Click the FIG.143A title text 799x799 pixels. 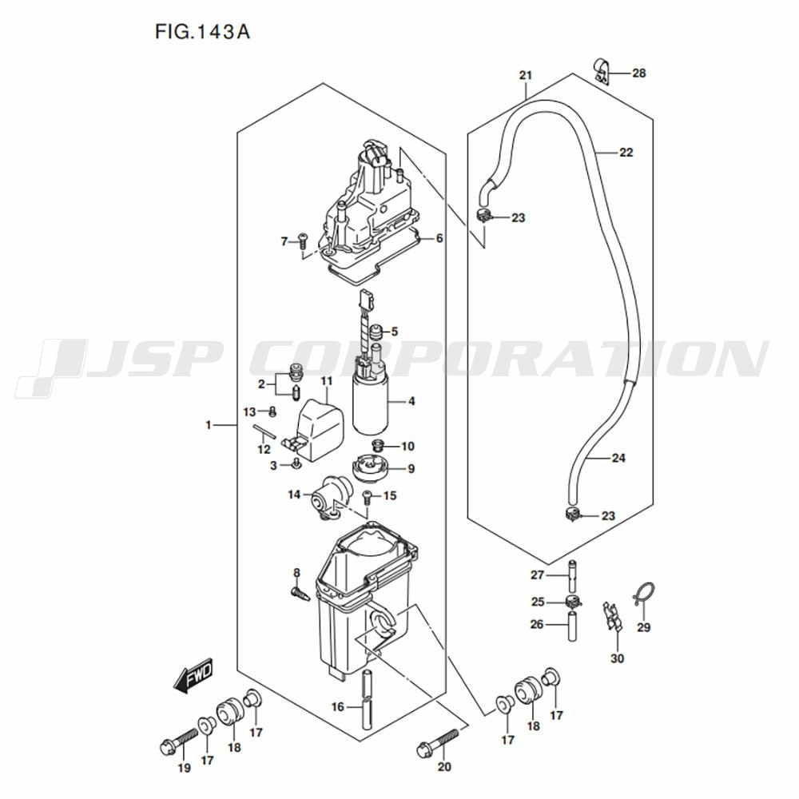point(202,34)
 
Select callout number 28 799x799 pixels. point(638,74)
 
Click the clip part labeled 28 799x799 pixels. point(601,70)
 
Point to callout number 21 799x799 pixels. point(525,76)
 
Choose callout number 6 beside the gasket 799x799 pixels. point(439,238)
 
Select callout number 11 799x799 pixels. point(326,381)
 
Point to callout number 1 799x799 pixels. point(208,426)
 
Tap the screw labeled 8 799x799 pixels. point(300,592)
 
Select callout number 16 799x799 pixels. point(338,706)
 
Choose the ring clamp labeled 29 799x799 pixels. point(644,593)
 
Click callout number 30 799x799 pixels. point(617,658)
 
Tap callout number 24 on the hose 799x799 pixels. point(618,458)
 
